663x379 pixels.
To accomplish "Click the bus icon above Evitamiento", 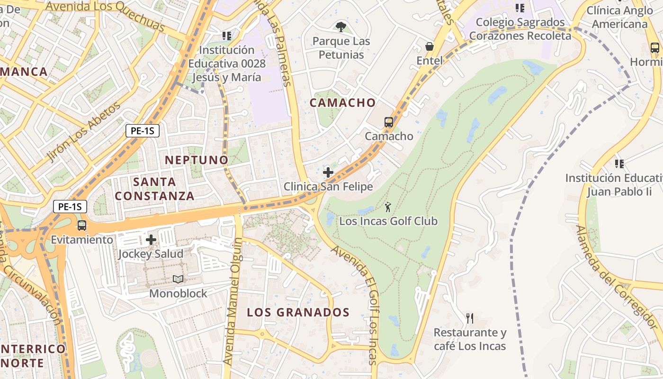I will coord(82,225).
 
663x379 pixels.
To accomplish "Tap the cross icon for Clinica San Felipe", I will coord(328,172).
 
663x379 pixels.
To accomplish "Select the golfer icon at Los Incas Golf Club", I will coord(388,207).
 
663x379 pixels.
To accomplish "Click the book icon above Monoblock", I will coord(178,280).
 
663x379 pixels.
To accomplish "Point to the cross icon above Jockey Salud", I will coord(151,240).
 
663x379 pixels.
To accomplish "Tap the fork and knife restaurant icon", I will coord(469,318).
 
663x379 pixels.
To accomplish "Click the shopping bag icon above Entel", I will coord(430,46).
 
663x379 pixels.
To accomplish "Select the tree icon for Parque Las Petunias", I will coord(340,27).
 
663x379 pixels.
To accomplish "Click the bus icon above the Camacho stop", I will coord(389,122).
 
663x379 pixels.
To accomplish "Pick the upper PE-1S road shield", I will coord(142,131).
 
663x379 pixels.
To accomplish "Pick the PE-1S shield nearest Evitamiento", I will coord(70,207).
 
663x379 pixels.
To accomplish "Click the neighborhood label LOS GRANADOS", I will coord(298,313).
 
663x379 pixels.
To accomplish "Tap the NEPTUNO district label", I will coord(197,160).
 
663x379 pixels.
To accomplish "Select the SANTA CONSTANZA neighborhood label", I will coord(154,189).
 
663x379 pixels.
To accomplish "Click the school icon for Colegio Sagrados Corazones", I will coord(520,8).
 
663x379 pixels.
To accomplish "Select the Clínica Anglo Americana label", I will coord(619,17).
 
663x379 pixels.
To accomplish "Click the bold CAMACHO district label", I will coord(342,103).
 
